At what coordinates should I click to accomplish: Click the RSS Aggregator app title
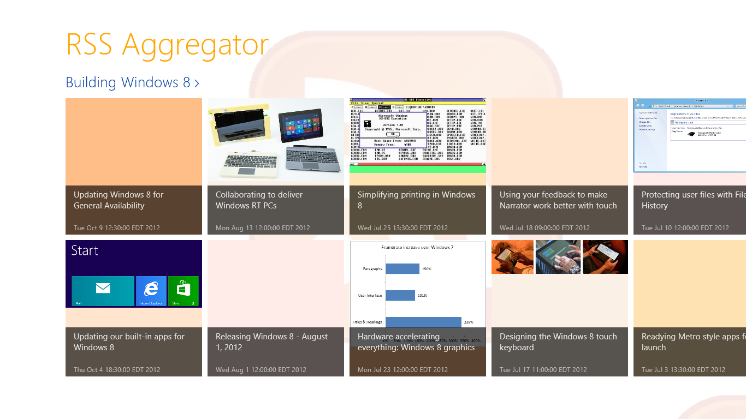pos(167,45)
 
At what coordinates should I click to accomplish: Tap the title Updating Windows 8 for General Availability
pos(119,200)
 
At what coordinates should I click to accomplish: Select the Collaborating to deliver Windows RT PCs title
pos(259,200)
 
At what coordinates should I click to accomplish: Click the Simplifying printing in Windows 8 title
pos(416,200)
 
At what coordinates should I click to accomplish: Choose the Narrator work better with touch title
pos(558,200)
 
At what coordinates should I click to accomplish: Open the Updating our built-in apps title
pos(129,342)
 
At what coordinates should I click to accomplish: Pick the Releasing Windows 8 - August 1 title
pos(271,342)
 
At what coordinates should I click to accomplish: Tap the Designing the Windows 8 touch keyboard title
pos(558,342)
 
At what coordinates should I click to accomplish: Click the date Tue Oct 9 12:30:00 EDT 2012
pos(117,228)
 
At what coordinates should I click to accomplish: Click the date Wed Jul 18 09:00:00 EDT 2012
pos(544,228)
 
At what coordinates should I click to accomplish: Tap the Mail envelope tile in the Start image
pos(103,289)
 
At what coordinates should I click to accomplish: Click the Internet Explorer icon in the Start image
pos(151,289)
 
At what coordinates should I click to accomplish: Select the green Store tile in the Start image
pos(183,289)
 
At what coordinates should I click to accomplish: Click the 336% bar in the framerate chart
pos(423,322)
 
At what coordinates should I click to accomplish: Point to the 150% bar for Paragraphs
pos(402,268)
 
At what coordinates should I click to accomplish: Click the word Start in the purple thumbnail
pos(85,250)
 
